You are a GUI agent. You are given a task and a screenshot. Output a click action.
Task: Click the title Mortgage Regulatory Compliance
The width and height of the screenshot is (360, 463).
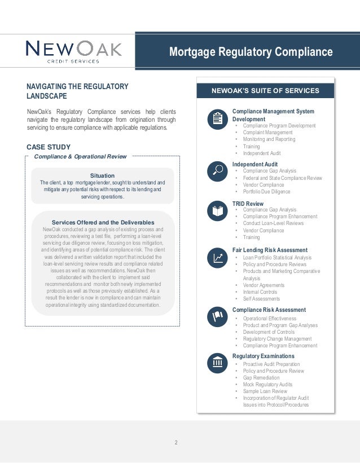tap(251, 52)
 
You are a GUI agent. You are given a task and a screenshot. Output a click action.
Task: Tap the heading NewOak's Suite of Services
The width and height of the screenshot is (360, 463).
tap(265, 90)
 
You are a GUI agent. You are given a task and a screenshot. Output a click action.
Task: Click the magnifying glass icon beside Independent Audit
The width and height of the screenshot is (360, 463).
tap(217, 170)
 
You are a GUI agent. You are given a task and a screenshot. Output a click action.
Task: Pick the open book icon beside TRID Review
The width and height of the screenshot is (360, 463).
tap(217, 211)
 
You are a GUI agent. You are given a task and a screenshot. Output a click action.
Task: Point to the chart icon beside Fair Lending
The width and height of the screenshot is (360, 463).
tap(217, 258)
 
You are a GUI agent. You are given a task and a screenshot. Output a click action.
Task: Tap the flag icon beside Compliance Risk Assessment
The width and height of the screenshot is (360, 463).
tap(217, 318)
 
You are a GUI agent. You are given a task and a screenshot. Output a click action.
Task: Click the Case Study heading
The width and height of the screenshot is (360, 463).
tap(49, 147)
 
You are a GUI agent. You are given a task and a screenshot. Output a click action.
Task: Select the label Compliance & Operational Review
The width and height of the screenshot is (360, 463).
tap(81, 156)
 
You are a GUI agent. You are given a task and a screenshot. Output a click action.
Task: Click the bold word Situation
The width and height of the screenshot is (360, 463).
tap(102, 175)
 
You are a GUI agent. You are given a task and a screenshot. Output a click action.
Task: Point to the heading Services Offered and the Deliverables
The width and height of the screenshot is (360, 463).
tap(102, 222)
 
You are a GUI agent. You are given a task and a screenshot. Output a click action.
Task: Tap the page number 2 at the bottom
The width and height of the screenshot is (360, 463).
tap(176, 443)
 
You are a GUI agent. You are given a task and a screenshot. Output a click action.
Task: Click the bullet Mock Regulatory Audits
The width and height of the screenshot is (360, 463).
tap(267, 385)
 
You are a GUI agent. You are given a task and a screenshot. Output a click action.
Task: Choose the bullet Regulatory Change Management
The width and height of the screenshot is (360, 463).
tap(277, 339)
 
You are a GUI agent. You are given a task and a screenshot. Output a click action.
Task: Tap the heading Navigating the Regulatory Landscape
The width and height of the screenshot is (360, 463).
tap(77, 91)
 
